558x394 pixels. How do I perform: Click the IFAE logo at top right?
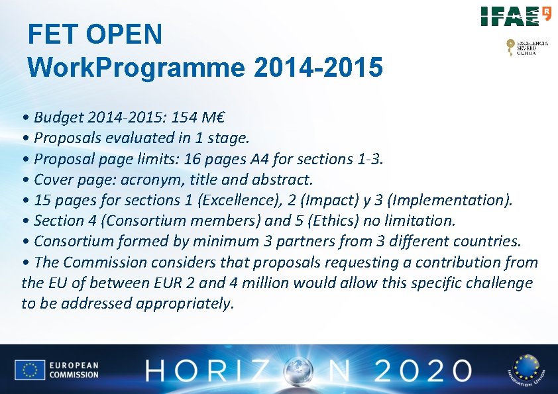click(516, 16)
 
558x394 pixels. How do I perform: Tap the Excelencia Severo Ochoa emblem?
click(528, 47)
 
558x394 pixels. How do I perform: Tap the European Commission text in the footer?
click(74, 370)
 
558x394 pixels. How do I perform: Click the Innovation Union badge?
click(525, 369)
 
